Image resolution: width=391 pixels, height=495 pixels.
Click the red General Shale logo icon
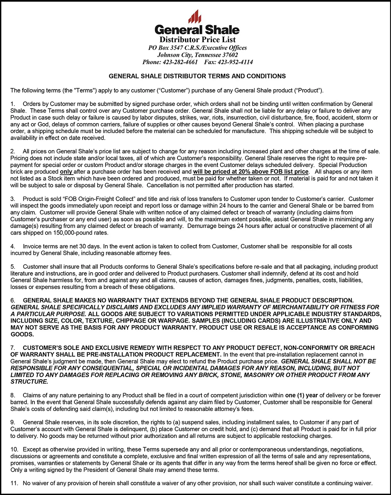click(195, 16)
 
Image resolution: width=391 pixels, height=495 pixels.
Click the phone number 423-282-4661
click(179, 62)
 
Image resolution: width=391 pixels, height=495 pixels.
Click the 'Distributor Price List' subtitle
click(197, 39)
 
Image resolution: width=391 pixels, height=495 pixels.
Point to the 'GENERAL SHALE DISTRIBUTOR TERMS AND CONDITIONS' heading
click(197, 76)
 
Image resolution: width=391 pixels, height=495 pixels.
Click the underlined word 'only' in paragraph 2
click(66, 172)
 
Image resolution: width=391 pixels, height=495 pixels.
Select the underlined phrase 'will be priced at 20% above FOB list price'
click(251, 172)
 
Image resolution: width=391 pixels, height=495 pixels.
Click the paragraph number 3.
click(13, 199)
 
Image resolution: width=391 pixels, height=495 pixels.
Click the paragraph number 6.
click(13, 301)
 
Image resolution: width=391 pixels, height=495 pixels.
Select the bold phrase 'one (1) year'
click(301, 395)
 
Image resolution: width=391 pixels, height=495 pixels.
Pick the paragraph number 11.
click(14, 483)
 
